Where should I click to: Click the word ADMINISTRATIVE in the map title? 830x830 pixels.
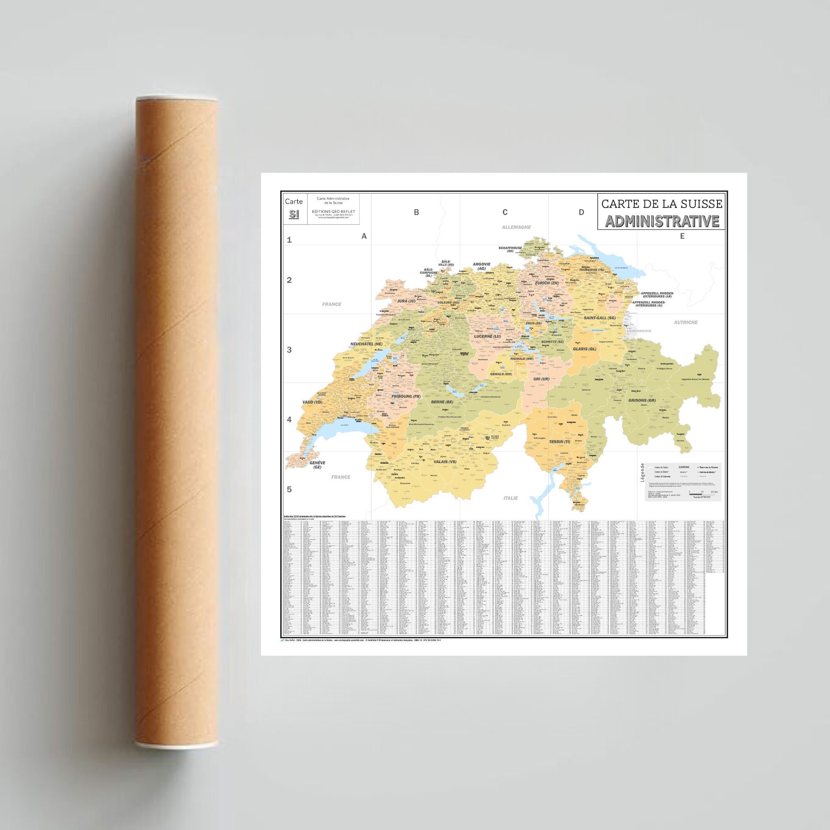(x=662, y=221)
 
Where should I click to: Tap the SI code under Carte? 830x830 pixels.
(x=294, y=214)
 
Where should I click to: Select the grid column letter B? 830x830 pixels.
(x=416, y=212)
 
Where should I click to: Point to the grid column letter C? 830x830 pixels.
(x=505, y=212)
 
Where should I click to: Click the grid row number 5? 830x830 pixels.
(x=289, y=489)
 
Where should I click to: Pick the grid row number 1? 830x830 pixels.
(x=289, y=240)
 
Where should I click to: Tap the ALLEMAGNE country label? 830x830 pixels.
(x=516, y=227)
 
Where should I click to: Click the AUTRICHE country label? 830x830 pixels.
(x=686, y=322)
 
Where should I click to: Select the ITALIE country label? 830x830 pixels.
(x=510, y=498)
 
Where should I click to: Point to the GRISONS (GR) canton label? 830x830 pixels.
(x=642, y=400)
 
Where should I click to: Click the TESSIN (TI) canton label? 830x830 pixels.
(x=559, y=442)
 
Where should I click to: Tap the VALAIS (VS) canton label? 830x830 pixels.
(x=445, y=462)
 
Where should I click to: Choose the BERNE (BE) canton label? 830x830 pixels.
(x=442, y=402)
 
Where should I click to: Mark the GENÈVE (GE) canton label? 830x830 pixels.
(x=317, y=464)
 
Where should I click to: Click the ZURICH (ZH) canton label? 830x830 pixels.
(x=547, y=283)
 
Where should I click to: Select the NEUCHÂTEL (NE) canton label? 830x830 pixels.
(x=366, y=344)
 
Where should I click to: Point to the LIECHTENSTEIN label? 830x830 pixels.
(x=639, y=331)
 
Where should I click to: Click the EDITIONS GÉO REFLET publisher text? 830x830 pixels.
(x=333, y=211)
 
